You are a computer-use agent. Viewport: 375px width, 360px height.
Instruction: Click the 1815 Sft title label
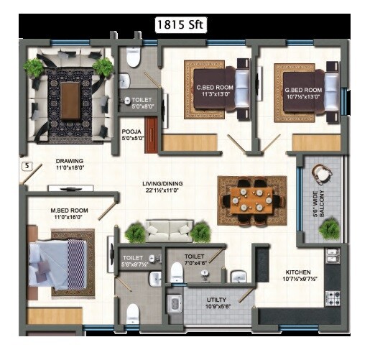(182, 24)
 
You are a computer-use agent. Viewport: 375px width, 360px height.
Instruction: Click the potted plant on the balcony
(329, 228)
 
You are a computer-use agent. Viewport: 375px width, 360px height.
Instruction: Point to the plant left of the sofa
(134, 231)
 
